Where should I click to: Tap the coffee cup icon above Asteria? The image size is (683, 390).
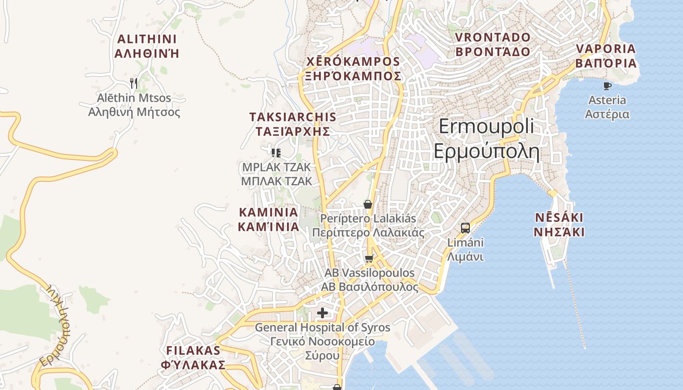pyautogui.click(x=607, y=86)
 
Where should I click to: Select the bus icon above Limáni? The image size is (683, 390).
pyautogui.click(x=465, y=228)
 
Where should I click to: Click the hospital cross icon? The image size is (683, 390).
pyautogui.click(x=322, y=312)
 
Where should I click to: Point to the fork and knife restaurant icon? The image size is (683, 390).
pyautogui.click(x=134, y=83)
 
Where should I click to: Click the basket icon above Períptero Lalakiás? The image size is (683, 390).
pyautogui.click(x=368, y=204)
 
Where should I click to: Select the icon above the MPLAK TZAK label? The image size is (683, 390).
pyautogui.click(x=276, y=153)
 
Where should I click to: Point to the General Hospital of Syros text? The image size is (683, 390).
pyautogui.click(x=322, y=328)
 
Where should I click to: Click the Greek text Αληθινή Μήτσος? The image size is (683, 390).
pyautogui.click(x=134, y=113)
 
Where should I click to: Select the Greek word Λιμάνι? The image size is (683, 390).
pyautogui.click(x=465, y=256)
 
